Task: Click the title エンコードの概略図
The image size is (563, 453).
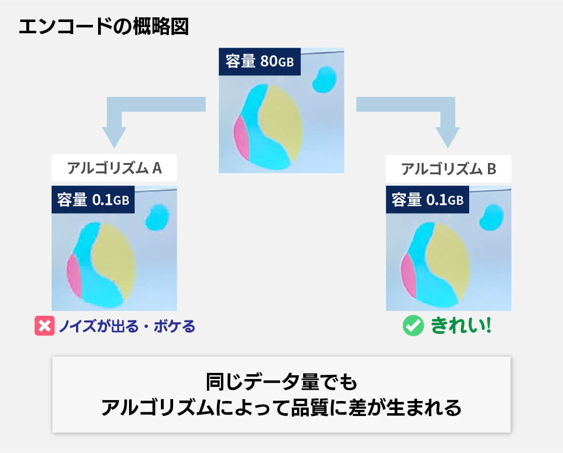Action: (x=104, y=26)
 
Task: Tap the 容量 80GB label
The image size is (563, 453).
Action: (x=259, y=62)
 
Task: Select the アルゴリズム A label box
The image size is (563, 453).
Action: (x=114, y=168)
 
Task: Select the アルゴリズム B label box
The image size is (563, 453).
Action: (x=449, y=169)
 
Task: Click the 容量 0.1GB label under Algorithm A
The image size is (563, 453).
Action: (x=93, y=200)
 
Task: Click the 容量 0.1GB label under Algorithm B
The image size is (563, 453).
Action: (x=427, y=200)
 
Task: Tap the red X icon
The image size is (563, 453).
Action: (x=45, y=326)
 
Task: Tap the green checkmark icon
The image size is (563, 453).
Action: (x=413, y=326)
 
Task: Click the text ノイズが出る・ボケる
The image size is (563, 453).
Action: (x=127, y=326)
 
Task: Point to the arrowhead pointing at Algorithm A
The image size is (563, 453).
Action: (x=114, y=138)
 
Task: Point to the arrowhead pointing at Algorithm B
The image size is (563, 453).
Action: (x=448, y=138)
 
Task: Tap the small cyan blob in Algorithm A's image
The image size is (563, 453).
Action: (x=157, y=217)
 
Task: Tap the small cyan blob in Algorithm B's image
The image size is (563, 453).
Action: (x=491, y=217)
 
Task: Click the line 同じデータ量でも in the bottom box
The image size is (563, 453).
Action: (x=281, y=382)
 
